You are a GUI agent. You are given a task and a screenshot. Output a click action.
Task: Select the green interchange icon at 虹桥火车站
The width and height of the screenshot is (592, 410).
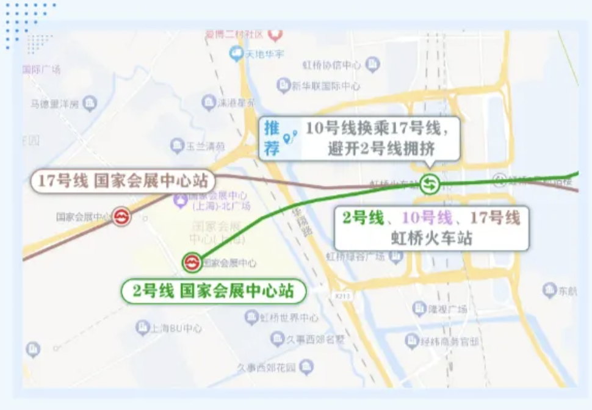429,183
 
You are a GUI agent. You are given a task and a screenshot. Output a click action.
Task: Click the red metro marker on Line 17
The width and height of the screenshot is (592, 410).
121,217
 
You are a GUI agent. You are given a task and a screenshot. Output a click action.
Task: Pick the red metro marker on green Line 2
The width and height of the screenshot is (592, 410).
192,262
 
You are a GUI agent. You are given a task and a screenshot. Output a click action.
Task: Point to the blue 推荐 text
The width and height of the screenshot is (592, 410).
272,138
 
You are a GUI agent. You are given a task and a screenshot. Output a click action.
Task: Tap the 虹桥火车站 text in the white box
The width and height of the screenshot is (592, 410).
431,238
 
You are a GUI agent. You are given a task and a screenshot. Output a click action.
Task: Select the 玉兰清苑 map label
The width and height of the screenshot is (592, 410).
205,146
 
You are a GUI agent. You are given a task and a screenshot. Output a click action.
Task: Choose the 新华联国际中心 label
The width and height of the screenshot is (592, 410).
326,86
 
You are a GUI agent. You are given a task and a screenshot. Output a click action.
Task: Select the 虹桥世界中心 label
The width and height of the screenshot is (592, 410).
289,317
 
